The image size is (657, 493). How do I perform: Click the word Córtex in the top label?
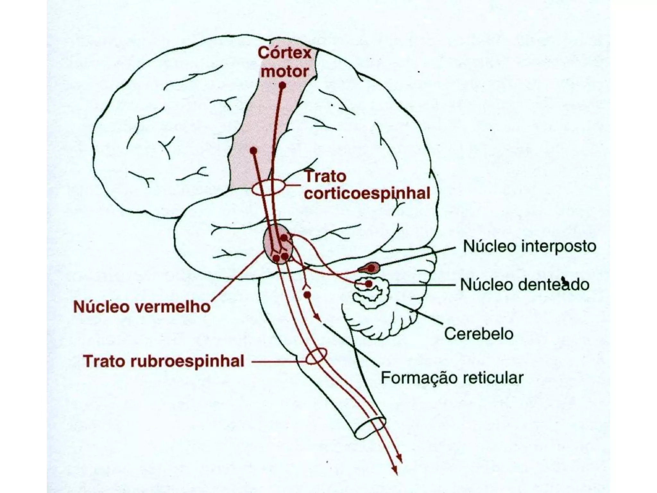pos(285,53)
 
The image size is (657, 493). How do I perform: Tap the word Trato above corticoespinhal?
pos(325,177)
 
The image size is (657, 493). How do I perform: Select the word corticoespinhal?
pos(367,194)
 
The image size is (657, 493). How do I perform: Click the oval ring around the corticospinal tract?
pos(268,189)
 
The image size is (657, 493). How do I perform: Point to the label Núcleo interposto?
pos(529,246)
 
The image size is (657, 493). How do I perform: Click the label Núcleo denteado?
pos(525,285)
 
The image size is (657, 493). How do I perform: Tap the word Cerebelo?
pos(479,334)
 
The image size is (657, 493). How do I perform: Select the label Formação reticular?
pos(452,378)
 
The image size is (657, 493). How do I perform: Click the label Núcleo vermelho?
pos(142,307)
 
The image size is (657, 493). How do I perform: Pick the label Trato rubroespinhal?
pos(164,361)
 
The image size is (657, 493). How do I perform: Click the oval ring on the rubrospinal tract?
pos(316,357)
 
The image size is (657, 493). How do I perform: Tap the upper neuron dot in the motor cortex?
pos(282,86)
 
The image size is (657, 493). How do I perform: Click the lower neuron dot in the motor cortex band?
pos(253,150)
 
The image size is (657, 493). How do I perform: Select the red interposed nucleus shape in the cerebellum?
pos(369,268)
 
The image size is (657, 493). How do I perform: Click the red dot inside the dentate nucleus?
pos(369,284)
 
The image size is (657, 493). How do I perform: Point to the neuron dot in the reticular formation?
pos(307,295)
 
